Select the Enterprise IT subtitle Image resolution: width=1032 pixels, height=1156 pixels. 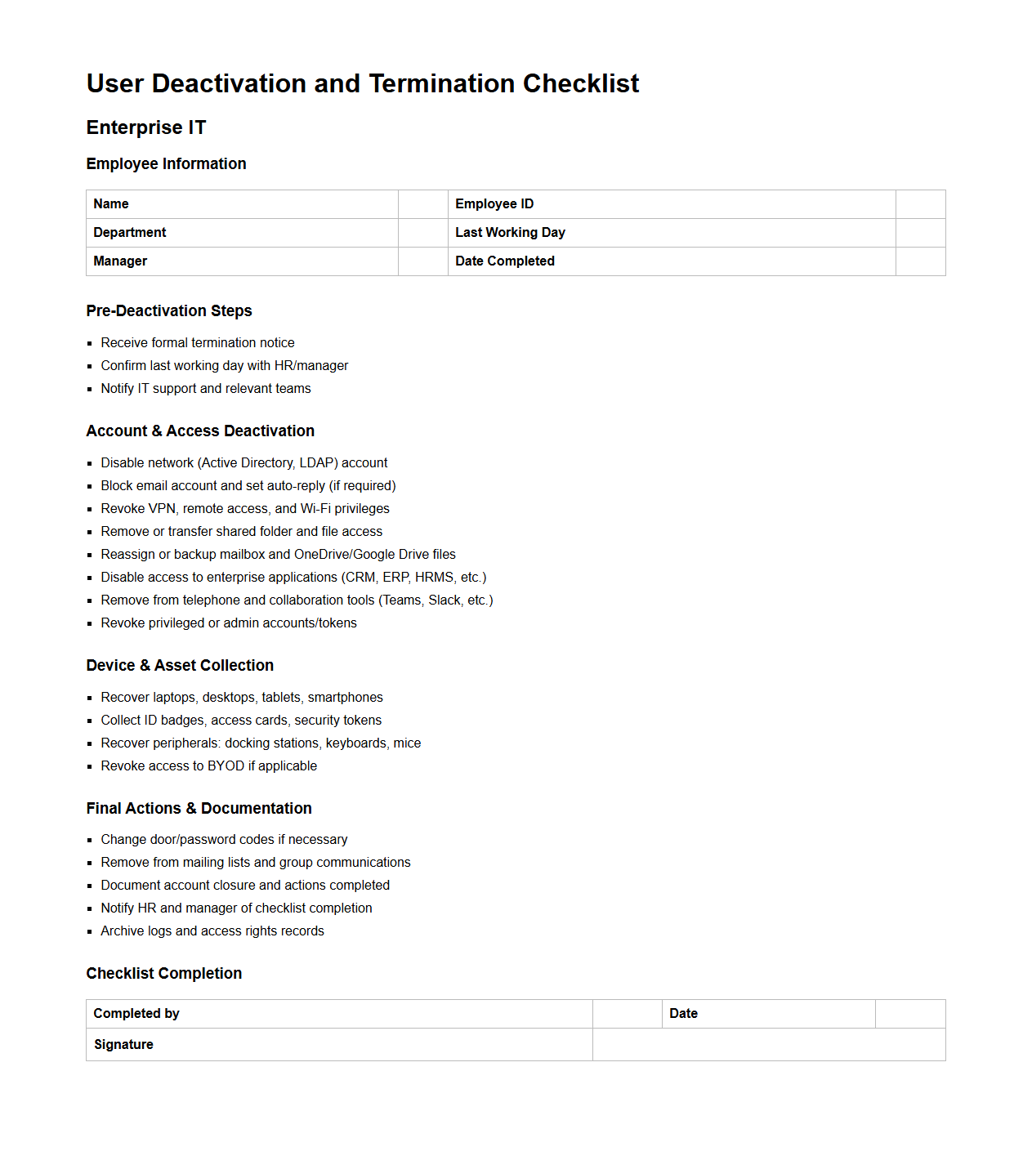146,127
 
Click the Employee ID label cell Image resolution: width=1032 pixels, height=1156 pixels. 494,204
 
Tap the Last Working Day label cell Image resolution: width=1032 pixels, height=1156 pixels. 510,233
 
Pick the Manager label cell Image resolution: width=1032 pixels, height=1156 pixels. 120,261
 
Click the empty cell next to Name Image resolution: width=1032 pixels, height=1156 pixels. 422,204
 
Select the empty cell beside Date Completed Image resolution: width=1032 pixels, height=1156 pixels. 920,261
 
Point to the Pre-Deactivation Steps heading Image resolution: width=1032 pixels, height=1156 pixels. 169,311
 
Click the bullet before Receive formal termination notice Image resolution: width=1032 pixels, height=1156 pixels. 90,344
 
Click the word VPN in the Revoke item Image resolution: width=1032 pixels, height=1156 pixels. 162,509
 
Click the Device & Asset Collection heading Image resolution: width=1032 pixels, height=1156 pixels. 180,666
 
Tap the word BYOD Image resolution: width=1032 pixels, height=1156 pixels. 226,766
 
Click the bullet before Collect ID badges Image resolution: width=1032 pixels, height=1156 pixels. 90,721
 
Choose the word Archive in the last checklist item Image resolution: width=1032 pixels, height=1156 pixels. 123,931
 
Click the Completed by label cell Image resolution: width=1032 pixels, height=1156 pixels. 136,1014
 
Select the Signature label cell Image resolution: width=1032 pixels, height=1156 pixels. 123,1045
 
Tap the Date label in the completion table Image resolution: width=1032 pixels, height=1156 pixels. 683,1014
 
